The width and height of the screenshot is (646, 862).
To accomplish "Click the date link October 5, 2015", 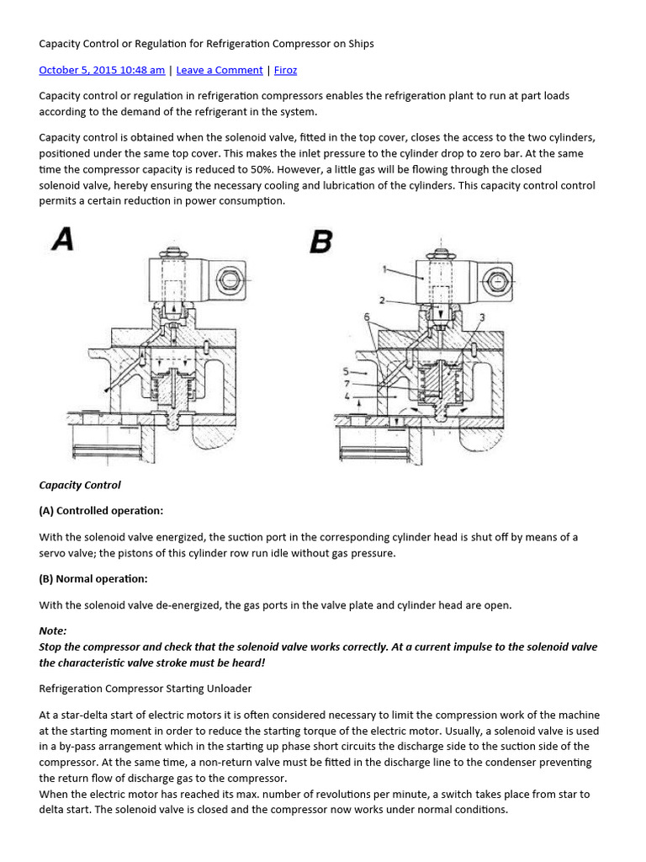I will tap(102, 70).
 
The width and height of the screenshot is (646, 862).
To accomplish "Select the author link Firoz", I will tap(285, 70).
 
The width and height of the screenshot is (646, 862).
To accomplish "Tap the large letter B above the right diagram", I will tap(320, 242).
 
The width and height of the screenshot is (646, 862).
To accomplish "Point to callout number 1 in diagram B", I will tap(384, 269).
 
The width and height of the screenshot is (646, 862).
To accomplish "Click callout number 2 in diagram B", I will tap(381, 300).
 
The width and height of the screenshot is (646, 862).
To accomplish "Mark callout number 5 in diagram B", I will tap(346, 370).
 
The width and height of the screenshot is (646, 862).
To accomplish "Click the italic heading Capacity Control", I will tap(80, 485).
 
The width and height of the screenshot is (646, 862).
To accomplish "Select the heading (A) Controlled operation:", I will tap(101, 510).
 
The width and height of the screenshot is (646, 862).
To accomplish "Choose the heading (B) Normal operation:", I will tap(93, 578).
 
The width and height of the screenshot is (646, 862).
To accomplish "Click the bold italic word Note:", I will tap(53, 630).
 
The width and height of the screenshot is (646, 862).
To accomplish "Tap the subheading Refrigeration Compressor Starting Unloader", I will tap(146, 688).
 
